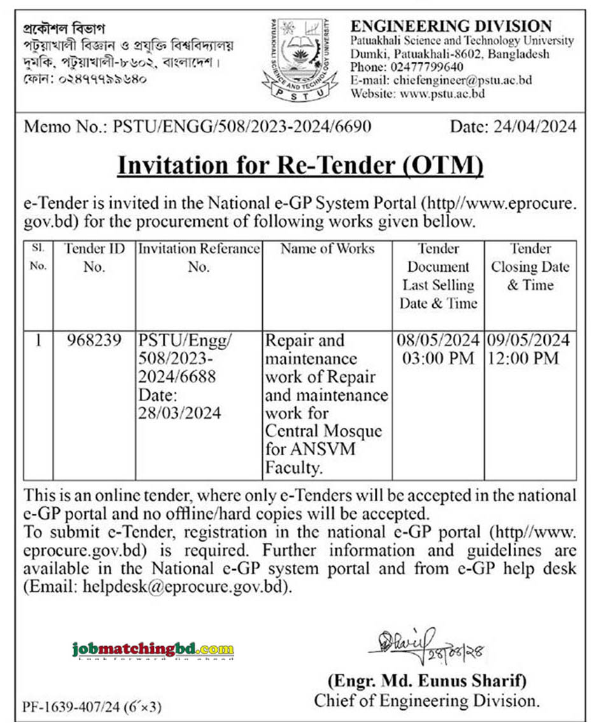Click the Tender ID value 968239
94,341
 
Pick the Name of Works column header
327,249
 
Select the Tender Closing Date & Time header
530,267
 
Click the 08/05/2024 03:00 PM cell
438,349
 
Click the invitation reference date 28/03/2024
180,413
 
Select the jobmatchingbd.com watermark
153,649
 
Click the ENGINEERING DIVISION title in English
451,26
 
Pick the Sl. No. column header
38,257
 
